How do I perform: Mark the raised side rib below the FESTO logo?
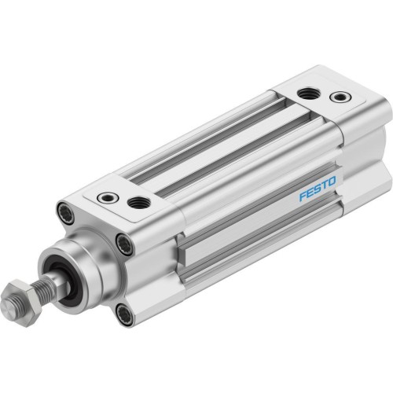pos(259,236)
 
